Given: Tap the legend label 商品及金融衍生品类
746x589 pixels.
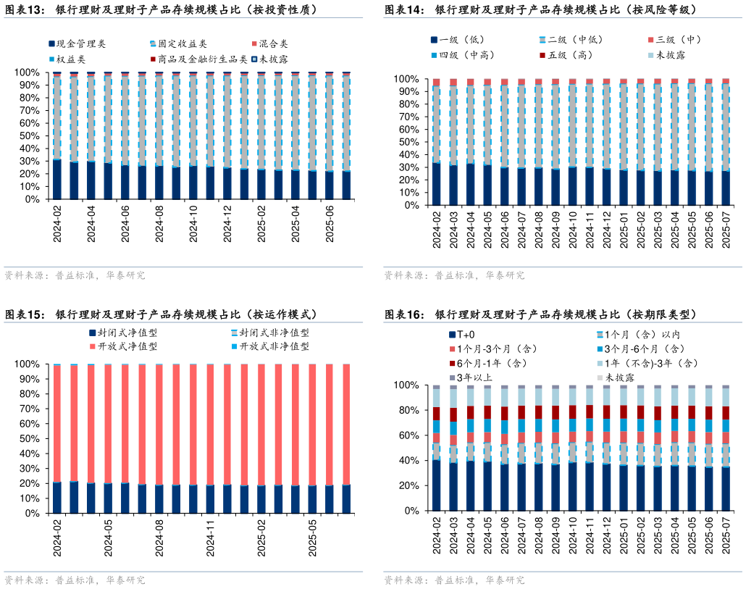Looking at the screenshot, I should [x=202, y=59].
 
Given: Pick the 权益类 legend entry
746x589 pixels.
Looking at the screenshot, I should [x=71, y=59].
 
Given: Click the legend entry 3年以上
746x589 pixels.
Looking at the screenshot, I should [x=475, y=377].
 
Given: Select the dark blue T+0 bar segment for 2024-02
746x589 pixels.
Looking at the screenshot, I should [x=436, y=485].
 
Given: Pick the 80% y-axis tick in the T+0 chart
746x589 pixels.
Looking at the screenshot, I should [x=409, y=410].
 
